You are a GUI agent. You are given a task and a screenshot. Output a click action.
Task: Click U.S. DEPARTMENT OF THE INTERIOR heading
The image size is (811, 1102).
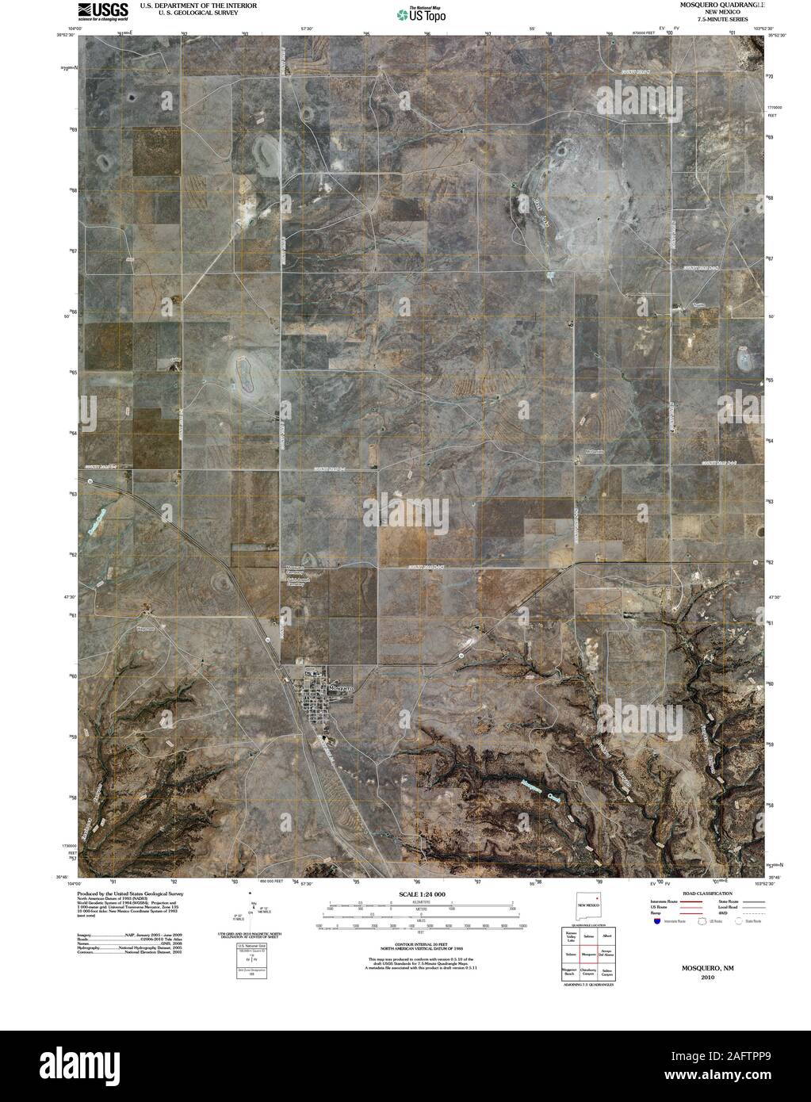[x=187, y=5]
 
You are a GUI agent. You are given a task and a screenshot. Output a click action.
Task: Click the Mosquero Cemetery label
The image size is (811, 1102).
[x=295, y=569]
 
